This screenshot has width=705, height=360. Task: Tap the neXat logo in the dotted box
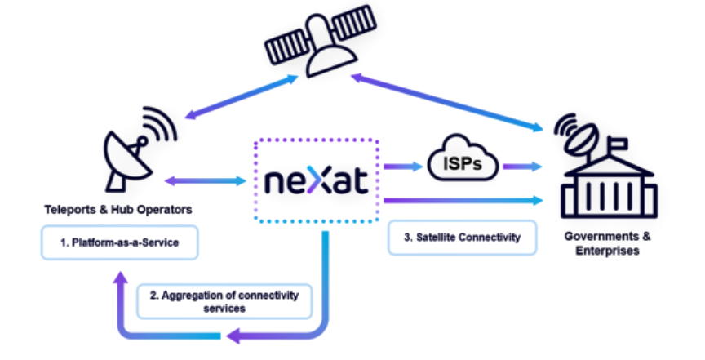(317, 180)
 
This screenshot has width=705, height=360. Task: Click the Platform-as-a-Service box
(121, 243)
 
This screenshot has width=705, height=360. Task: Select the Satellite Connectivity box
(462, 237)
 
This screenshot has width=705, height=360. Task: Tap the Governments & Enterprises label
(608, 243)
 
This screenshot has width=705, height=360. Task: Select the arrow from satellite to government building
(449, 102)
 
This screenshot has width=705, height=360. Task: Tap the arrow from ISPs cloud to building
(523, 167)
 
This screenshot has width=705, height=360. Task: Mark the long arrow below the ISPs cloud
(462, 199)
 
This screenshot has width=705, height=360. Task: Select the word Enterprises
(608, 251)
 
